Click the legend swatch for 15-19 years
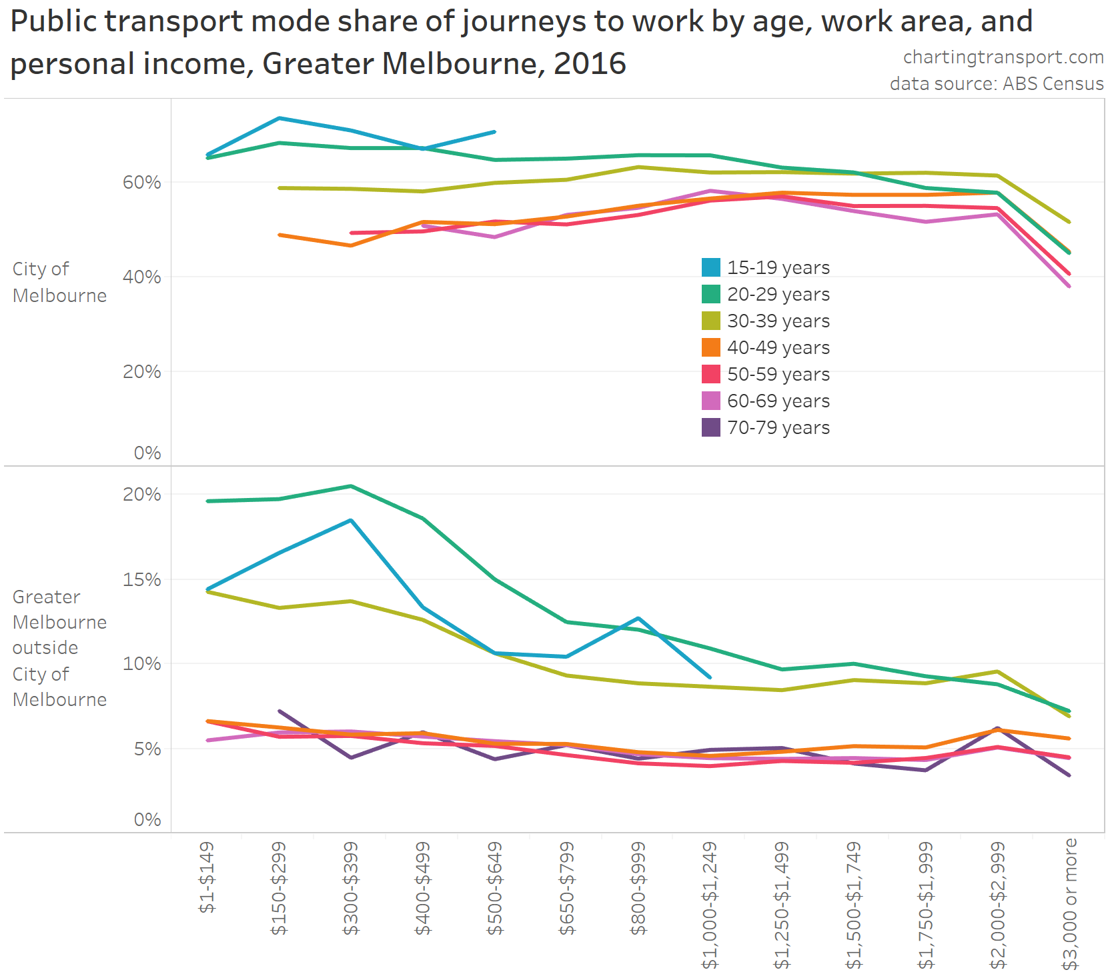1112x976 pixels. [711, 267]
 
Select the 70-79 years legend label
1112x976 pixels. [778, 427]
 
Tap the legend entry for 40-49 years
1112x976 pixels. [778, 347]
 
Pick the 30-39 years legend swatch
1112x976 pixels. [711, 321]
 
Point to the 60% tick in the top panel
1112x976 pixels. [141, 182]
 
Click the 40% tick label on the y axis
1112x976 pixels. [141, 277]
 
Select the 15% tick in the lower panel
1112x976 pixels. [141, 579]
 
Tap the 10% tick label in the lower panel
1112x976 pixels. [141, 663]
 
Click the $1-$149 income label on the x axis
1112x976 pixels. [207, 877]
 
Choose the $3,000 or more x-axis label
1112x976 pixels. [1070, 904]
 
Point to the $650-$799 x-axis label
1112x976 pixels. [566, 889]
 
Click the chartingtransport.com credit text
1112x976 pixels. [1003, 57]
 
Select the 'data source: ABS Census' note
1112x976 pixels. [997, 83]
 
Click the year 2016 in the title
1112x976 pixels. [590, 64]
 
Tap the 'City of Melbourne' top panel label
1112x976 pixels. [59, 282]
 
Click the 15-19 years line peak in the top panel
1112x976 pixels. [279, 118]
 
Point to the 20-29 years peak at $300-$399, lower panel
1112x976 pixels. [351, 486]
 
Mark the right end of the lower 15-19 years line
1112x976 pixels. [710, 677]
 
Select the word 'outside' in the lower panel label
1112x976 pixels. [45, 647]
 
